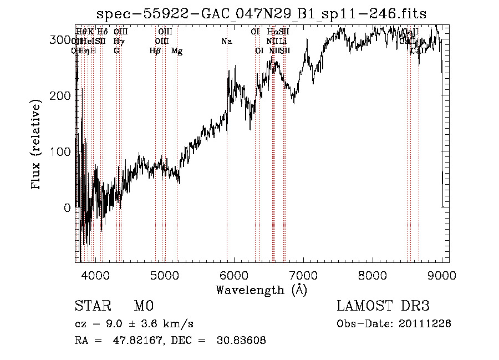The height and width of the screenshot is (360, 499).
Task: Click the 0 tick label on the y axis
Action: click(68, 207)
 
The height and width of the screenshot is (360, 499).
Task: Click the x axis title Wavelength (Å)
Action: click(261, 290)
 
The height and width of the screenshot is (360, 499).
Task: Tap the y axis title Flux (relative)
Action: click(37, 145)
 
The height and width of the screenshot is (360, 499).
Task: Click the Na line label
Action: click(226, 42)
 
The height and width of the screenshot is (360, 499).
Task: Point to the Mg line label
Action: click(177, 51)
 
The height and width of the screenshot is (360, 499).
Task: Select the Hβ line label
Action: click(155, 51)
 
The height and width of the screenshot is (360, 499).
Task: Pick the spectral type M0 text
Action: click(143, 306)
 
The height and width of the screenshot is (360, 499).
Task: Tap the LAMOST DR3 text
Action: click(383, 306)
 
